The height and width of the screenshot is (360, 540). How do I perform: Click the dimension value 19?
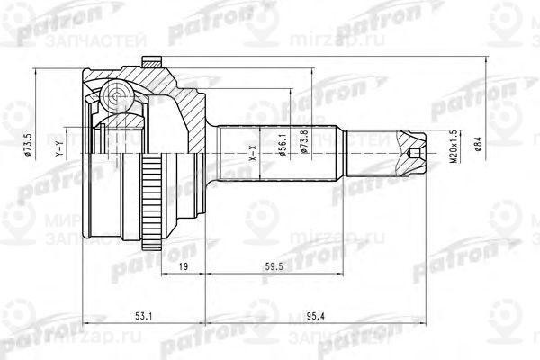(183, 267)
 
